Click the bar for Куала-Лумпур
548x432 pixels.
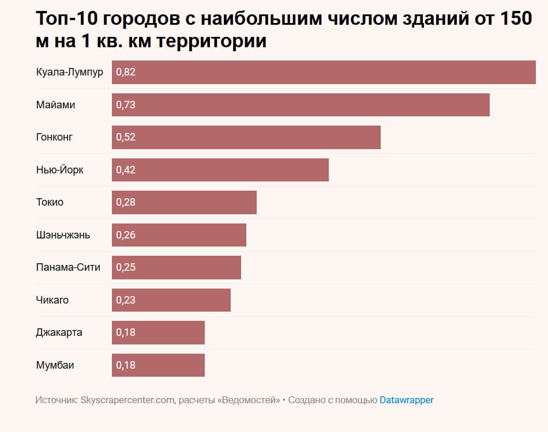click(x=324, y=73)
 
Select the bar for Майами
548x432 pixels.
click(x=301, y=105)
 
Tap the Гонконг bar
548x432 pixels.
click(x=246, y=138)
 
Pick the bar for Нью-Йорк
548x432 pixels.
click(x=220, y=170)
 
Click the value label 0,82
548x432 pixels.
click(x=126, y=73)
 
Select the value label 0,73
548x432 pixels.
click(x=126, y=105)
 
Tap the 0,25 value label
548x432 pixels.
click(x=126, y=267)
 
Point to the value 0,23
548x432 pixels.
click(x=126, y=300)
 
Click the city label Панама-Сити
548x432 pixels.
click(x=68, y=267)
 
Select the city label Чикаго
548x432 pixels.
click(x=52, y=300)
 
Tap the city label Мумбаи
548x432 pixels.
click(x=55, y=365)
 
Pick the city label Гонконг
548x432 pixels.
click(x=54, y=138)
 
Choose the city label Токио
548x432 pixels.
click(x=50, y=202)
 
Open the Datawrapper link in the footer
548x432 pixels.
click(x=406, y=400)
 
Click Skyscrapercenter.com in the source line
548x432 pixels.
click(x=128, y=400)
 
